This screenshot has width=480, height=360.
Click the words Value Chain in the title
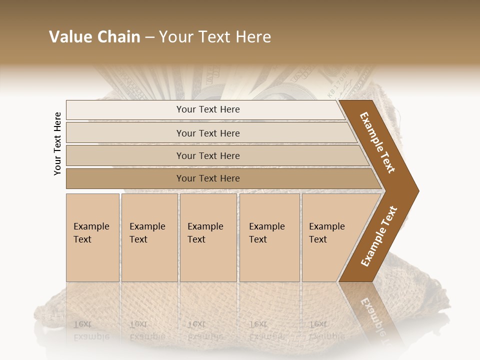click(94, 37)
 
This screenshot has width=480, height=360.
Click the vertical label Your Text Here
click(57, 143)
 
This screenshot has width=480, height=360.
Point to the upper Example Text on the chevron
click(377, 142)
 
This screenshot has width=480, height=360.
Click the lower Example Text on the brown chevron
click(378, 236)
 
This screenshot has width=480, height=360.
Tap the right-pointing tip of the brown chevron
click(416, 190)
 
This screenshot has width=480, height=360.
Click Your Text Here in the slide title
click(215, 37)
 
